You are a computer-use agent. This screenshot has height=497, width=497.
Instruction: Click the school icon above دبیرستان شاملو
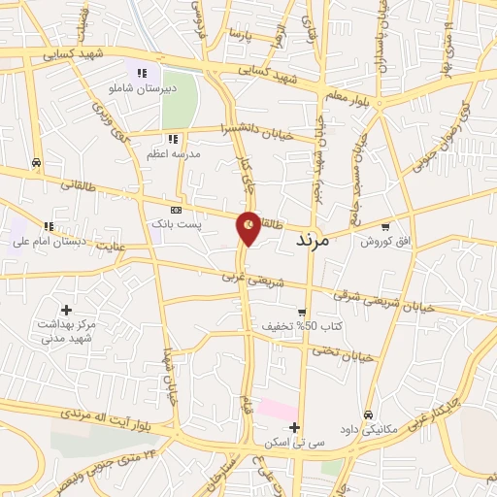click(x=142, y=72)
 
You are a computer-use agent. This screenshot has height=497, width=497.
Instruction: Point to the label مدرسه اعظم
click(x=174, y=153)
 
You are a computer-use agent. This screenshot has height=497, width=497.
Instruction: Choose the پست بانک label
click(x=176, y=223)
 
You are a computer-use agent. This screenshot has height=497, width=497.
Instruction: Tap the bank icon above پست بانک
click(x=176, y=210)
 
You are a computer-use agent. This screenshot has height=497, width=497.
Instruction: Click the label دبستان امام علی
click(x=48, y=241)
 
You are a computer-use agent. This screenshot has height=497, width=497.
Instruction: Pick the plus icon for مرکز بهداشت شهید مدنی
click(x=66, y=309)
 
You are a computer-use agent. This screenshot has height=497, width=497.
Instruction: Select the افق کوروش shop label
click(x=385, y=241)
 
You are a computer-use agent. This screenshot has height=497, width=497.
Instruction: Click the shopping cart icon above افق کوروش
click(x=385, y=227)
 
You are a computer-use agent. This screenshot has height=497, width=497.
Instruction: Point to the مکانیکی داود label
click(x=367, y=428)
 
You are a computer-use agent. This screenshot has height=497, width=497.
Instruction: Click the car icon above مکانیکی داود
click(x=367, y=414)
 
